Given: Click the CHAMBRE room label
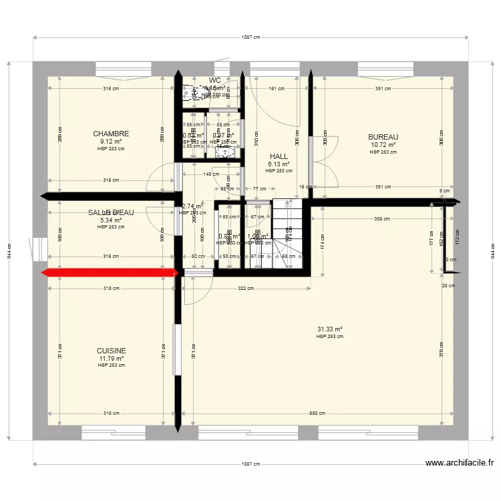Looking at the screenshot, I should click(111, 134).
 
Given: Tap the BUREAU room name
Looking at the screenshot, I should click(383, 137).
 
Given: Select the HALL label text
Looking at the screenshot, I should click(279, 156).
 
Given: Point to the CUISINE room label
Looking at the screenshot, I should click(111, 351).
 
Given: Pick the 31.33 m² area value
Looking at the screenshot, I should click(329, 329).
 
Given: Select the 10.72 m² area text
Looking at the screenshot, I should click(383, 144).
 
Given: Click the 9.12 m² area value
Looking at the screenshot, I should click(111, 141).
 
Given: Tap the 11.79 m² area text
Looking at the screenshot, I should click(111, 358).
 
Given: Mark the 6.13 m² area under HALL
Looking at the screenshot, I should click(279, 164).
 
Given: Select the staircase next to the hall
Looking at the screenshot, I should click(287, 234).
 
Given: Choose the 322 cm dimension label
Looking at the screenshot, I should click(246, 289).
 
